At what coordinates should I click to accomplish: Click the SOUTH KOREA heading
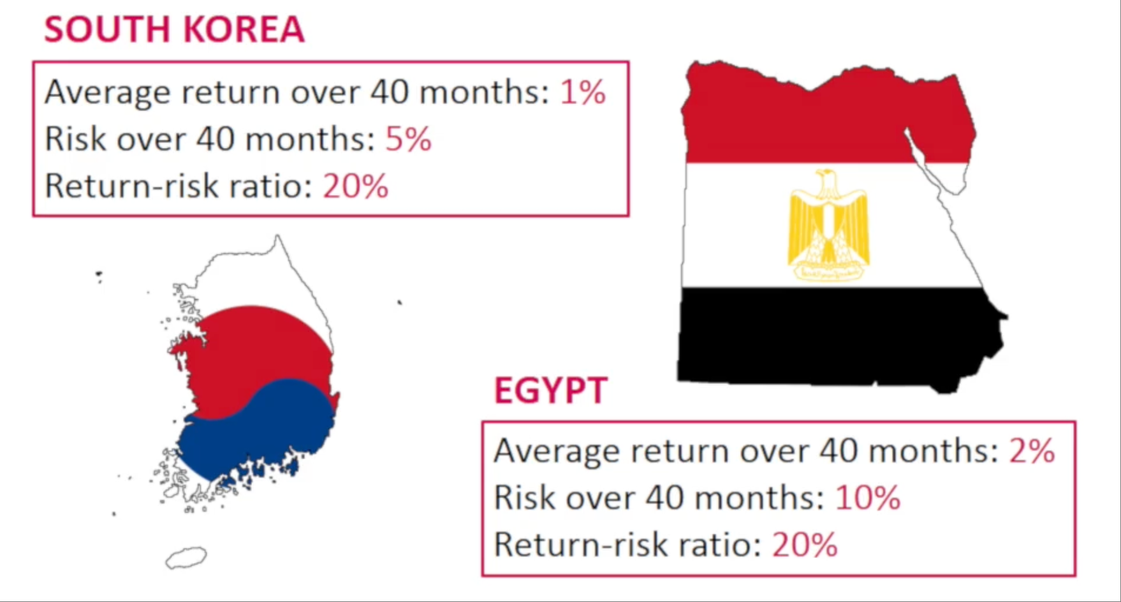coord(174,29)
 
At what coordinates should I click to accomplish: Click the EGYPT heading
coord(551,390)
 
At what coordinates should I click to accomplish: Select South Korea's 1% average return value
coord(583,92)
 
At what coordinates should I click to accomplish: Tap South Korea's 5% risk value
coord(408,139)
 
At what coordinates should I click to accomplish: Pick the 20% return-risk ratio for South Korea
coord(355,186)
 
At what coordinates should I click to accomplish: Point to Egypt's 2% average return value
coord(1032,451)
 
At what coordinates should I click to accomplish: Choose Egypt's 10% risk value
coord(868,498)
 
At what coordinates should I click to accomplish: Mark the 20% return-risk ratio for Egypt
coord(805,545)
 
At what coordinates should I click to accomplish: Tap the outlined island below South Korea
coord(186,558)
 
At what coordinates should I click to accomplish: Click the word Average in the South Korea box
coord(108,93)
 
